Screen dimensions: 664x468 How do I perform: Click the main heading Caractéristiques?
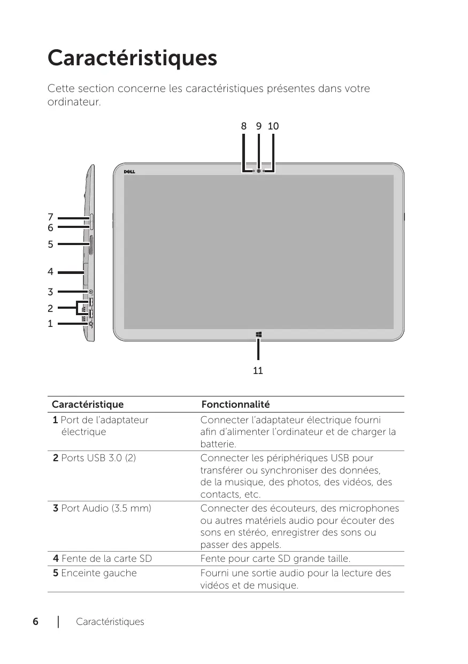[x=132, y=58]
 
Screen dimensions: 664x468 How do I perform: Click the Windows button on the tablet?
[x=258, y=335]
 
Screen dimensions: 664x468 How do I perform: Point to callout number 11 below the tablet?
[x=258, y=370]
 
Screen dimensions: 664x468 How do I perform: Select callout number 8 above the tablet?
[x=243, y=126]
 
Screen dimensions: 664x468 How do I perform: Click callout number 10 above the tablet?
[x=273, y=126]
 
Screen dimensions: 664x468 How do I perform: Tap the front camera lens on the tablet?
[x=258, y=171]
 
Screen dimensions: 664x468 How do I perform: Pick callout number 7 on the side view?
[x=50, y=217]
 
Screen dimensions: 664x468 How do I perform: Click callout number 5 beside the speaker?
[x=50, y=245]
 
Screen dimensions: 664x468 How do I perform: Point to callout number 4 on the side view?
[x=50, y=272]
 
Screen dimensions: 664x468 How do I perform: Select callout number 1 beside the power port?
[x=50, y=324]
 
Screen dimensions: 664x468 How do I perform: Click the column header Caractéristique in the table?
[x=87, y=404]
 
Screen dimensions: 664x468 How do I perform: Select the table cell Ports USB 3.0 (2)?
[x=94, y=458]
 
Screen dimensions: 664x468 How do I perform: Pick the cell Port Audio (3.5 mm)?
[x=102, y=507]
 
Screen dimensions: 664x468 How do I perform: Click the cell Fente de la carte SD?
[x=102, y=559]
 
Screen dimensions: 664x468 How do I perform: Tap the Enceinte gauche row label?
[x=95, y=573]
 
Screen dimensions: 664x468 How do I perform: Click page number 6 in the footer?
[x=35, y=622]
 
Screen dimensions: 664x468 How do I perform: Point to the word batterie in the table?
[x=218, y=445]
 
